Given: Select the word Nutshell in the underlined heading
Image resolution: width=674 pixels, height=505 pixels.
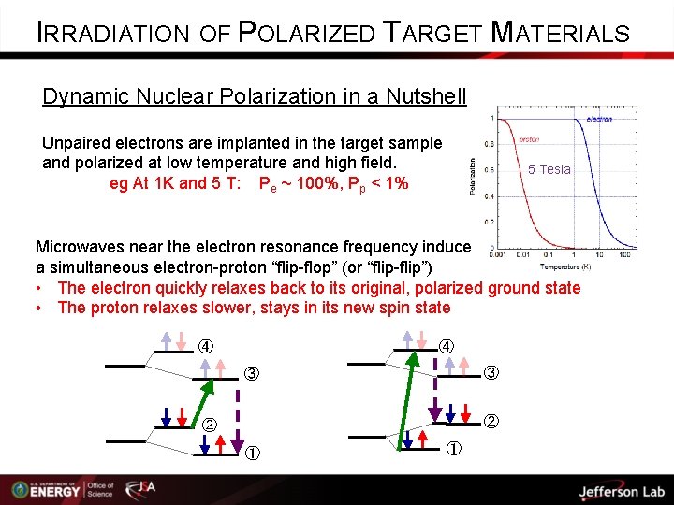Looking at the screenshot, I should (x=424, y=96).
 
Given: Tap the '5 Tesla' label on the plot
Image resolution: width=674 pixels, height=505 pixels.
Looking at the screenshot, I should (x=549, y=169).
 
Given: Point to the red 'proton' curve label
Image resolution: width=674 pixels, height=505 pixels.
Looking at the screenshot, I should (x=529, y=140).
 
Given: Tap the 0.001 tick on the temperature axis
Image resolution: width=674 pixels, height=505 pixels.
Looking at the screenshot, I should (x=498, y=254).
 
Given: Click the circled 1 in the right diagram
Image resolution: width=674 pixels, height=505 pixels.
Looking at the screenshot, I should (x=452, y=449).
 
